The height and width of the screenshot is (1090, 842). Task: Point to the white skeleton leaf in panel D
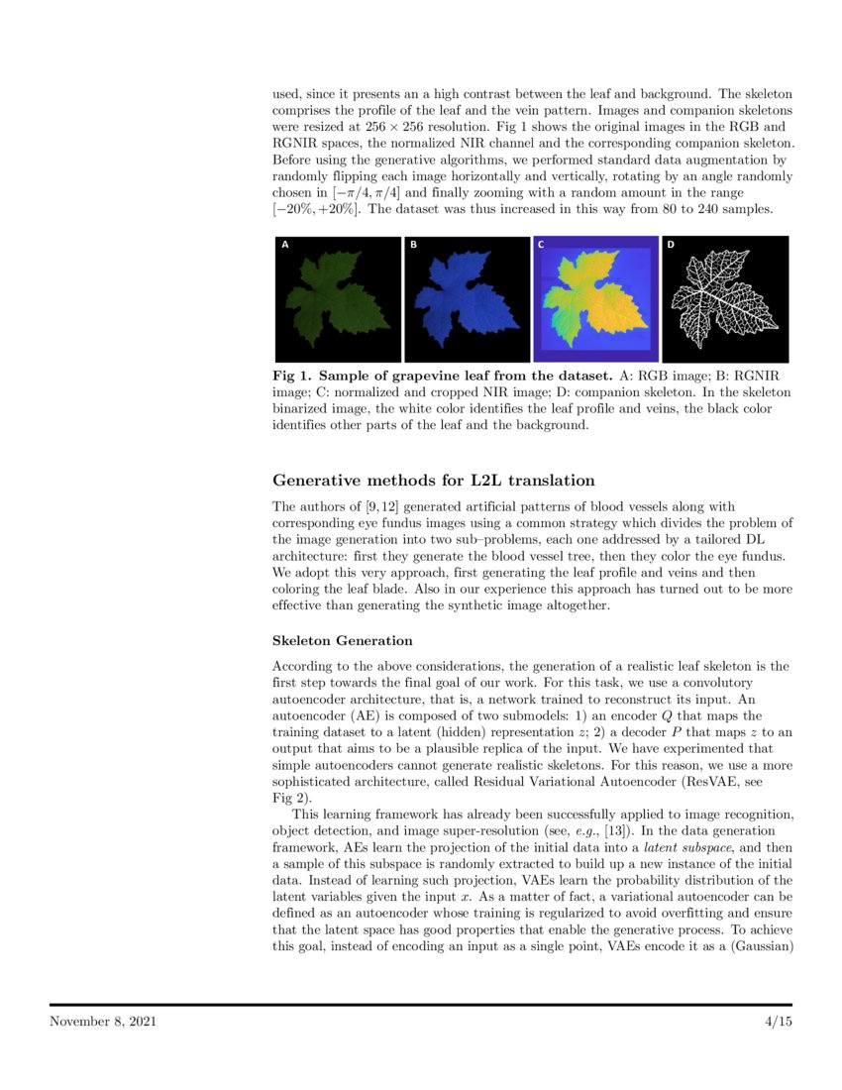pos(725,297)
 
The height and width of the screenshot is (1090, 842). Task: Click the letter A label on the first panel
pos(286,245)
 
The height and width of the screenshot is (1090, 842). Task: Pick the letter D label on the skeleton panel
pos(670,245)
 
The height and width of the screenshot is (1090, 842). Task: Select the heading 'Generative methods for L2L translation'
pos(433,482)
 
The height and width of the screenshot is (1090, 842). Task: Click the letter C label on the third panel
pos(541,245)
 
